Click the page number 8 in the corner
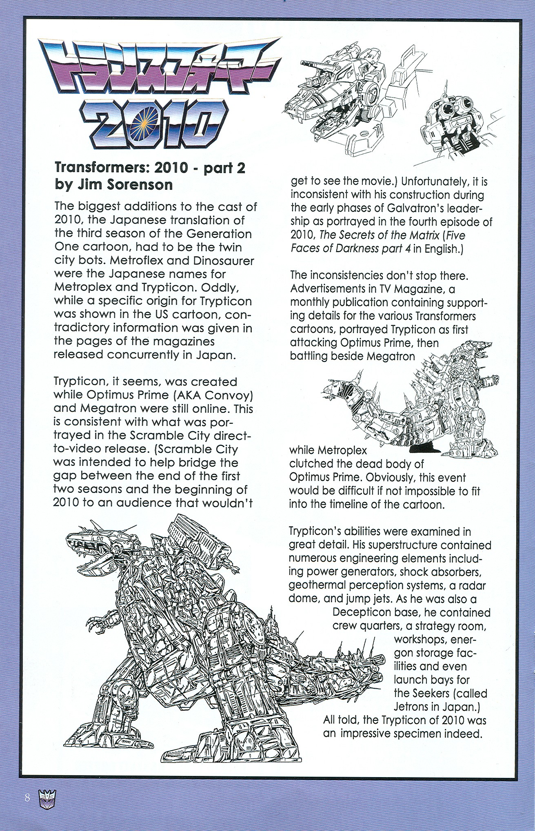pos(27,797)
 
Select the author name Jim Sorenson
pos(125,185)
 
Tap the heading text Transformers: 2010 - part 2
pos(150,169)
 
